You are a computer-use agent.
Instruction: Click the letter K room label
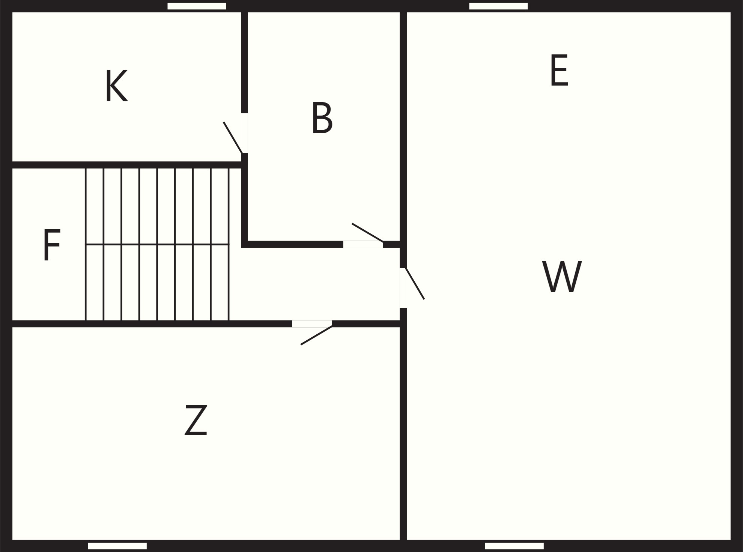coord(116,86)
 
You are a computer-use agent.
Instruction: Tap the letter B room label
coord(322,118)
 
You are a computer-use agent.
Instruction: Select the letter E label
coord(559,71)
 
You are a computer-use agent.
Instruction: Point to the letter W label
coord(562,277)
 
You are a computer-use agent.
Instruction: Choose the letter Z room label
coord(196,420)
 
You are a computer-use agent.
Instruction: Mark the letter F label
coord(52,245)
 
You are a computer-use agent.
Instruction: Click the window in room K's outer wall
coord(197,6)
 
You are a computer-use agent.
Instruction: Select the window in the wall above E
coord(498,6)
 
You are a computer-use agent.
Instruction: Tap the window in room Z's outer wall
coord(117,546)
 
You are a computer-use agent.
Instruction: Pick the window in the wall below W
coord(514,546)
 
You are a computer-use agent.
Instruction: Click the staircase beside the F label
coord(157,244)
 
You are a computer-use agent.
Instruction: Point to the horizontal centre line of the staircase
coord(157,244)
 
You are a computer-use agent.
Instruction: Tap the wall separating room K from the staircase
coord(126,165)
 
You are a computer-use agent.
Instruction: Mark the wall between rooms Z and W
coord(403,433)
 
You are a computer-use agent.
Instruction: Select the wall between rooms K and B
coord(244,62)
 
